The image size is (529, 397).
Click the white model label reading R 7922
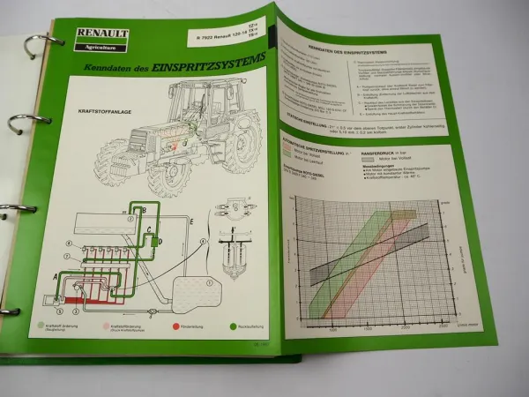221,41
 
